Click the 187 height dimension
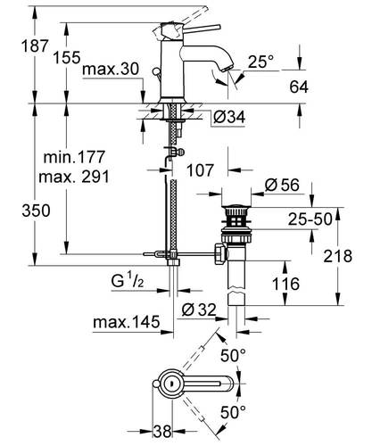pyautogui.click(x=35, y=46)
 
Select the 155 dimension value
pyautogui.click(x=67, y=57)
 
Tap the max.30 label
pyautogui.click(x=111, y=70)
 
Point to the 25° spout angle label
pyautogui.click(x=260, y=62)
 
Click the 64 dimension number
pyautogui.click(x=299, y=87)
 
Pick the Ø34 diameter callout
pyautogui.click(x=229, y=117)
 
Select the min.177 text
pyautogui.click(x=74, y=157)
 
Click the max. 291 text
pyautogui.click(x=74, y=177)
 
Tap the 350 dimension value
pyautogui.click(x=36, y=211)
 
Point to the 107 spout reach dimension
pyautogui.click(x=200, y=170)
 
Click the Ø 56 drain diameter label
pyautogui.click(x=282, y=185)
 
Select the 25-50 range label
pyautogui.click(x=310, y=219)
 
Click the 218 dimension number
pyautogui.click(x=338, y=256)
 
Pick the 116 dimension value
pyautogui.click(x=285, y=284)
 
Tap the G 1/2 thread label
pyautogui.click(x=128, y=281)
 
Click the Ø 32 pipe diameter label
pyautogui.click(x=199, y=310)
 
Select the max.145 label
pyautogui.click(x=127, y=322)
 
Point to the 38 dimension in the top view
pyautogui.click(x=162, y=432)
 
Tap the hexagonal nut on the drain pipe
pyautogui.click(x=220, y=253)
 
